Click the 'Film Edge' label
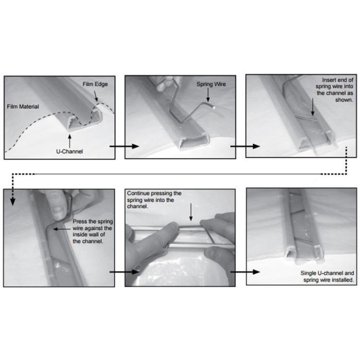pos(95,84)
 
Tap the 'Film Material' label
pos(23,106)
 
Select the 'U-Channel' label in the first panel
pos(69,151)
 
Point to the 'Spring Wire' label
pos(211,84)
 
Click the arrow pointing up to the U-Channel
pos(69,140)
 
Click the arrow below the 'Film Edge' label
pos(96,96)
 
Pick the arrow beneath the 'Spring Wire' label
pos(208,95)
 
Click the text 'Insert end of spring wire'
pos(334,83)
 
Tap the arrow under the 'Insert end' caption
pos(313,107)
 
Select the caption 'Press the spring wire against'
pos(92,225)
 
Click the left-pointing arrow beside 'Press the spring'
pos(62,229)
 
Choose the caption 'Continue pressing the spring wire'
pos(154,196)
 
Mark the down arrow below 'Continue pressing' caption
pos(191,212)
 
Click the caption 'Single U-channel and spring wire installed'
pos(327,277)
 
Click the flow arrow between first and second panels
pos(124,146)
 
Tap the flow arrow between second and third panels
pos(245,146)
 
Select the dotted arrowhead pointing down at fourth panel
pos(13,202)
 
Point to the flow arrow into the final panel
pos(245,272)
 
